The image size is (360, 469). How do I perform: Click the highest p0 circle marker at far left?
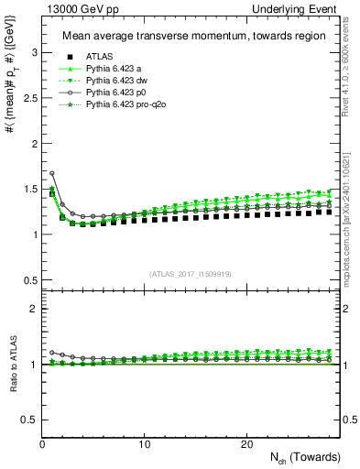coord(52,173)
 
